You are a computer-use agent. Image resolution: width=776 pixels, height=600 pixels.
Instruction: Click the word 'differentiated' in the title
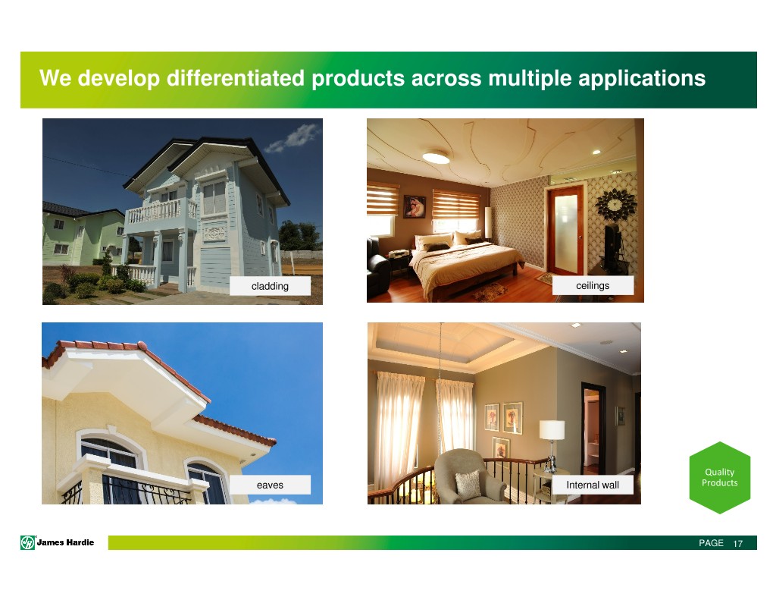coord(236,78)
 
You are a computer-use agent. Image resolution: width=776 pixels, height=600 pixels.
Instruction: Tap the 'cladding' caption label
coord(271,286)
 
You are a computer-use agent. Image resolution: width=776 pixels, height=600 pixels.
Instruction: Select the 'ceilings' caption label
coord(593,285)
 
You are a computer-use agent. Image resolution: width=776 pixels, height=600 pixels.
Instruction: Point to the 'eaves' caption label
coord(271,485)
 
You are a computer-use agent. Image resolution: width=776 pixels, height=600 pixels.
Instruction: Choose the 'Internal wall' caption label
coord(593,485)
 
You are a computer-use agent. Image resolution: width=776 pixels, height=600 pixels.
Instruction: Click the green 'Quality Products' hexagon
coord(720,478)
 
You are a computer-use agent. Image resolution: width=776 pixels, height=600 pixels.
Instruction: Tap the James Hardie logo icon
coord(27,543)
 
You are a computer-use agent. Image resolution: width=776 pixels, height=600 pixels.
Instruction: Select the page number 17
coord(738,544)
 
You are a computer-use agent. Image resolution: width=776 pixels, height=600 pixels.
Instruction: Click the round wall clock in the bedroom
coord(615,204)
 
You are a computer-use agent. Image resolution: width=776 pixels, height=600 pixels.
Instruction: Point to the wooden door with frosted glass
coord(565,231)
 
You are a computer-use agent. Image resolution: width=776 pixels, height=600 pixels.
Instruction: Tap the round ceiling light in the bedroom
coord(436,157)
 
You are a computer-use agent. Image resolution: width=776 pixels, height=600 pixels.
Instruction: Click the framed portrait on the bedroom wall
coord(415,206)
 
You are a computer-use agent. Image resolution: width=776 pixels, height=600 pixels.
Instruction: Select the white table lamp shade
coord(552,429)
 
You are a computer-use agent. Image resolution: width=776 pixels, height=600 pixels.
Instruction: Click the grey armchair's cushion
coord(468,483)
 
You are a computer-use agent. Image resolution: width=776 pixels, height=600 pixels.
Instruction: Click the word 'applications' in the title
coord(642,78)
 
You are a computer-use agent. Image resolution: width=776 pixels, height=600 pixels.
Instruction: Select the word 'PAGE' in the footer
coord(711,543)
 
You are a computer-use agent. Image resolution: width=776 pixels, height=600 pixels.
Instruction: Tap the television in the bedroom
coord(612,242)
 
